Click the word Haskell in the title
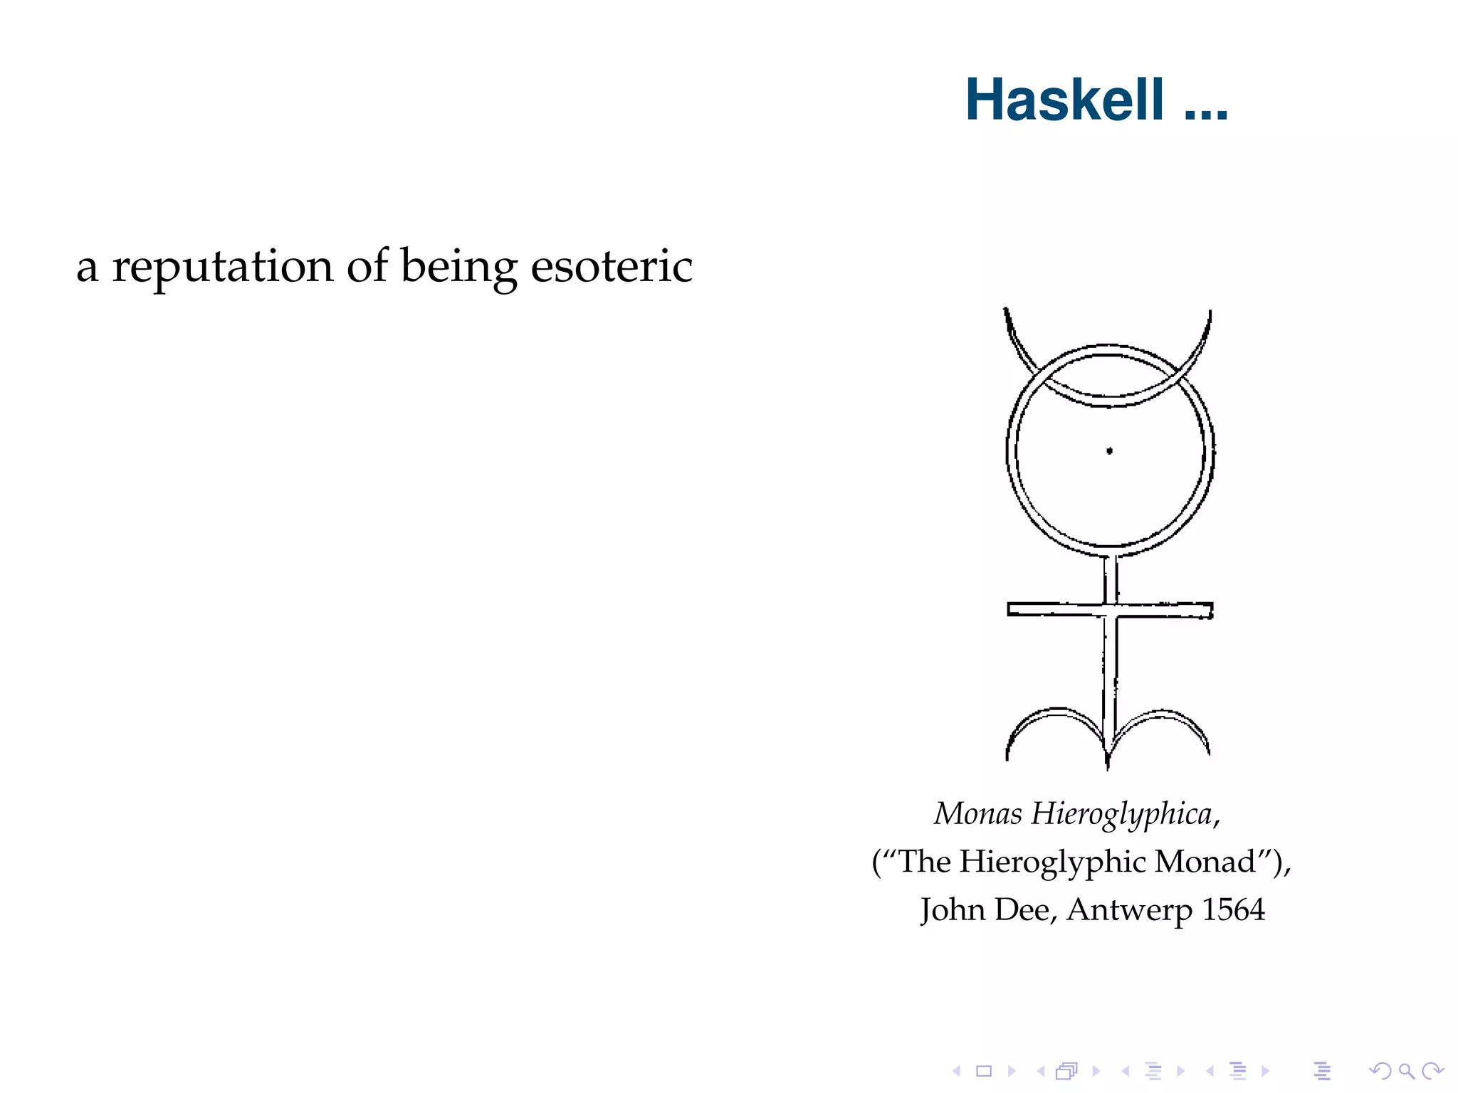[x=1064, y=100]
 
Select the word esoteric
[x=612, y=267]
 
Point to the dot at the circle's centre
[x=1109, y=450]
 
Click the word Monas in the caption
[x=977, y=813]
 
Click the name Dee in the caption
[x=1022, y=910]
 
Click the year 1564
[x=1233, y=909]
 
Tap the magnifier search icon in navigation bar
[x=1406, y=1070]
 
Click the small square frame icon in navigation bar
[x=984, y=1070]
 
